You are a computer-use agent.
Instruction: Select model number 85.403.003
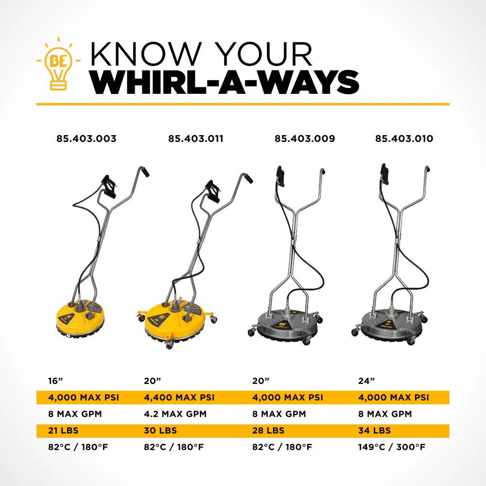[87, 139]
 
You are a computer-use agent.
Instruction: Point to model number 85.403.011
[196, 139]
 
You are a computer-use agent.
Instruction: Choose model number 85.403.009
[305, 139]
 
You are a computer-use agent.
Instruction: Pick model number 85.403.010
[404, 139]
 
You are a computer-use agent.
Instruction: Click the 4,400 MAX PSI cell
[179, 398]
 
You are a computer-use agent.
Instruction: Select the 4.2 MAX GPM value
[175, 414]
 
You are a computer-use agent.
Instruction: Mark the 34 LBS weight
[374, 431]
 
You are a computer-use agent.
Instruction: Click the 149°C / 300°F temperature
[392, 447]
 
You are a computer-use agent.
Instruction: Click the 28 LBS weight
[268, 431]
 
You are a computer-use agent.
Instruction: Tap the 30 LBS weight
[160, 431]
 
